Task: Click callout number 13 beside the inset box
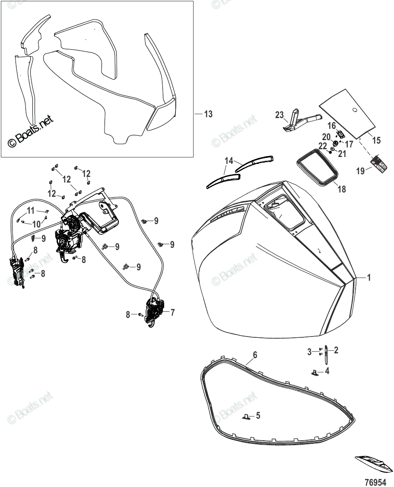click(x=208, y=114)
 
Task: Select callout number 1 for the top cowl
click(x=369, y=278)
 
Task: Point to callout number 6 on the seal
click(x=255, y=355)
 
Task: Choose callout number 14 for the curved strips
click(x=228, y=161)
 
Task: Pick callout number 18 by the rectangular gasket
click(x=342, y=189)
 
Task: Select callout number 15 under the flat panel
click(x=376, y=140)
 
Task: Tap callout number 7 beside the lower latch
click(x=172, y=312)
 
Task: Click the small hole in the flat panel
click(x=355, y=110)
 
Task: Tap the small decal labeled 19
click(x=379, y=164)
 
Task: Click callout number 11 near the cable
click(x=31, y=211)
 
